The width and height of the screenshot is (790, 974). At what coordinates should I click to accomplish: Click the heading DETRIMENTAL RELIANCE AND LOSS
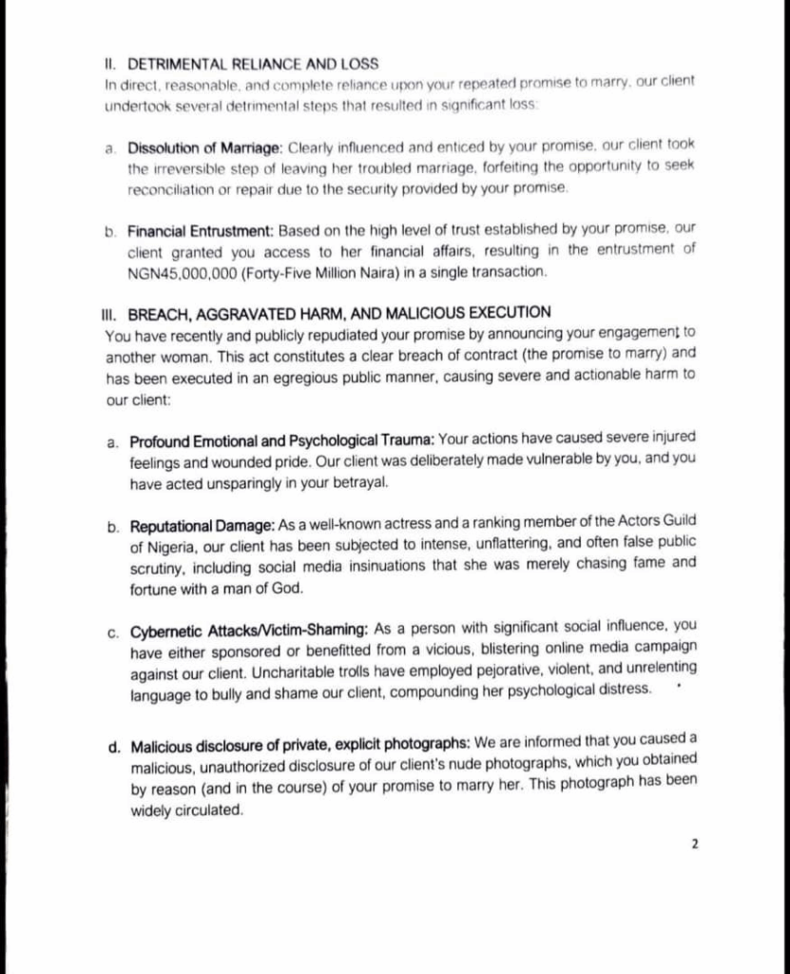252,64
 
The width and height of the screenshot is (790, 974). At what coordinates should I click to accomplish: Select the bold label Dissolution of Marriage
203,146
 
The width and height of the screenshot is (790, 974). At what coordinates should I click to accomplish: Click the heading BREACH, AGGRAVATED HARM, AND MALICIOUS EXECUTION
338,313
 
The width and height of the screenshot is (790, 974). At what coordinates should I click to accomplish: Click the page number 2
695,843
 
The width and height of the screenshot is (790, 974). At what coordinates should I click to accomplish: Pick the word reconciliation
170,189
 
